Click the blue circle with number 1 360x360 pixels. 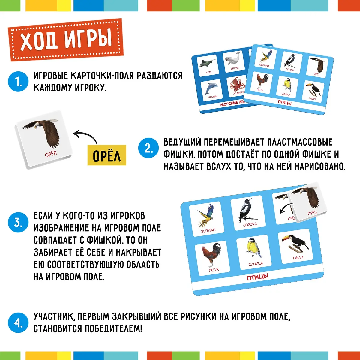[x=18, y=82]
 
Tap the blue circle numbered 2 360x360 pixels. [x=148, y=148]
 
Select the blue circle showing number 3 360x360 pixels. [x=18, y=222]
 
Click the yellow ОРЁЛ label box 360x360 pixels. [x=107, y=155]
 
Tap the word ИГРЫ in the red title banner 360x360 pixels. [x=88, y=39]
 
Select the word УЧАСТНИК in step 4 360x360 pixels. [x=54, y=317]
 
